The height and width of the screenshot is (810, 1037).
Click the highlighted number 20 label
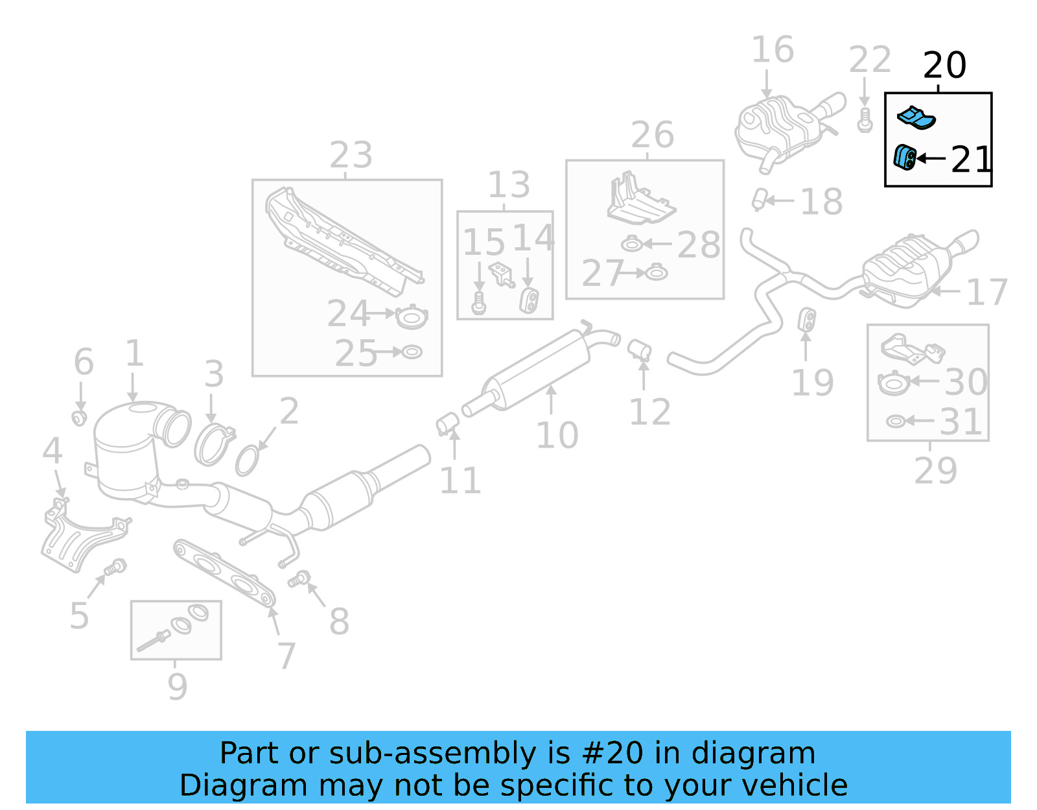tap(944, 66)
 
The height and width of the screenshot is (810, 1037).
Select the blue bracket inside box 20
tap(916, 117)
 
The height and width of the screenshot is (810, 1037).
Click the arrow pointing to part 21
tap(931, 158)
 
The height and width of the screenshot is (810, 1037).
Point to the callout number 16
tap(772, 50)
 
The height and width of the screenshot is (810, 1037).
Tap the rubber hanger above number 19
tap(808, 318)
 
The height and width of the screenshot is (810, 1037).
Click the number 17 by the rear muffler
tap(986, 292)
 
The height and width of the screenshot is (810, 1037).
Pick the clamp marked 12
tap(639, 350)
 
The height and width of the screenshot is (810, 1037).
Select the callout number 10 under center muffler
tap(557, 435)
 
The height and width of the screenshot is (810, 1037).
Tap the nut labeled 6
tap(79, 417)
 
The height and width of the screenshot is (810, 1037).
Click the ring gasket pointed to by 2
tap(247, 460)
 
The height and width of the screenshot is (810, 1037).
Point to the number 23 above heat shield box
tap(351, 156)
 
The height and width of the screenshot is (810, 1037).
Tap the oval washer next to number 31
tap(895, 422)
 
